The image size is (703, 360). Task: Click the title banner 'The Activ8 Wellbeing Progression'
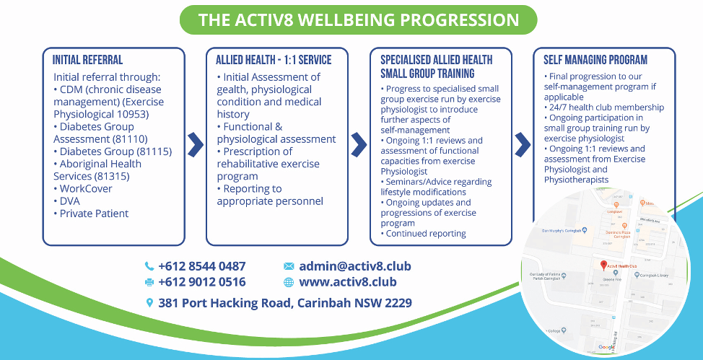click(358, 20)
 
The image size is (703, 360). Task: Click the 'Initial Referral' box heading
click(87, 61)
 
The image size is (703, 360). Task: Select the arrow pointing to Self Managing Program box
click(523, 144)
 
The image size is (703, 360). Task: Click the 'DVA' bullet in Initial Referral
click(71, 201)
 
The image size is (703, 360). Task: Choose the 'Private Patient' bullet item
click(94, 214)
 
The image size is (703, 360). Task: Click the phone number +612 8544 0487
click(201, 266)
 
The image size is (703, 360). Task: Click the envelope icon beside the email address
click(289, 266)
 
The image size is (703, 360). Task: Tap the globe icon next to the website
click(289, 282)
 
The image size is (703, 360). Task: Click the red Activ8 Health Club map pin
click(603, 265)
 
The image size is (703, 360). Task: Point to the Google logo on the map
click(606, 348)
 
